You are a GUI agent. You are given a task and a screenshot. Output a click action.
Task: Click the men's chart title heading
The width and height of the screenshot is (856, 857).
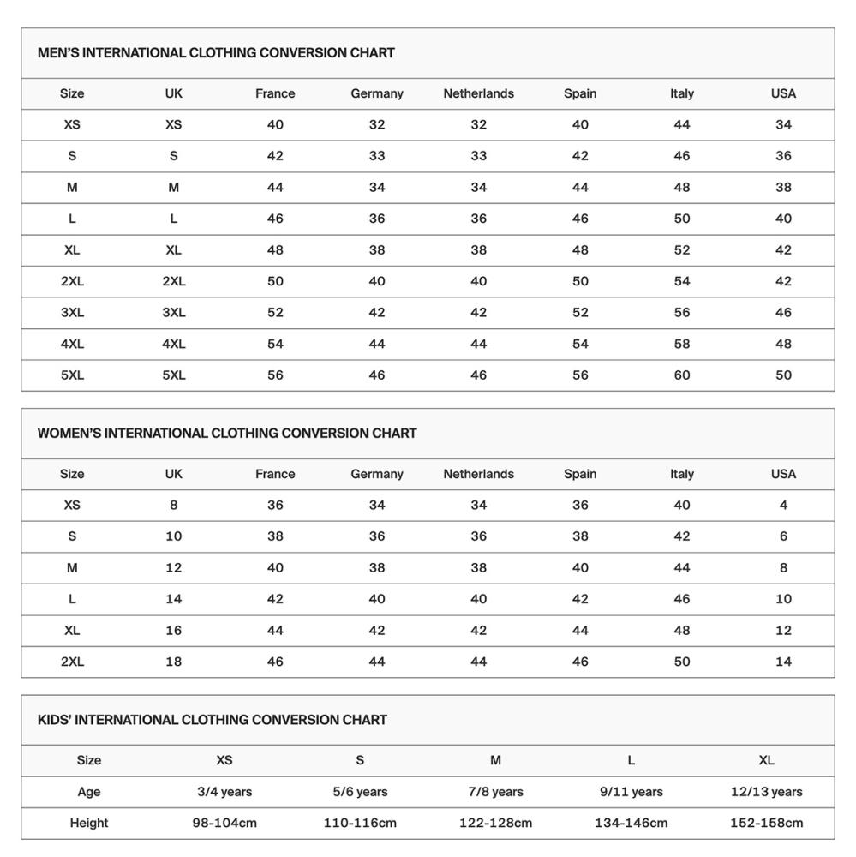pyautogui.click(x=216, y=53)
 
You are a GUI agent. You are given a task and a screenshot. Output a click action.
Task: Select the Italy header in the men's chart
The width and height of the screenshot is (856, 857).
pyautogui.click(x=682, y=93)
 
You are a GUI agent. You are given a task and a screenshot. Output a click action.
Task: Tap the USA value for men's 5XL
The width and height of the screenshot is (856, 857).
pyautogui.click(x=783, y=375)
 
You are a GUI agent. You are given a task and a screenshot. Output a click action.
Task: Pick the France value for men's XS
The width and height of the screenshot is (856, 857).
pyautogui.click(x=275, y=125)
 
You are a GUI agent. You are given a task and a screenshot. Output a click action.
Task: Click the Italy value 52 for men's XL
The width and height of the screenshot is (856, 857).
pyautogui.click(x=682, y=250)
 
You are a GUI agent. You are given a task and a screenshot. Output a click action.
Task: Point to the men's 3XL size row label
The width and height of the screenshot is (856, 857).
pyautogui.click(x=72, y=313)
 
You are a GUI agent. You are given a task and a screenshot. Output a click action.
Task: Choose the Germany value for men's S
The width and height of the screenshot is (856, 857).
pyautogui.click(x=377, y=156)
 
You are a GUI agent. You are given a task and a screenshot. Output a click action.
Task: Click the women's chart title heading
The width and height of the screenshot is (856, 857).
pyautogui.click(x=227, y=434)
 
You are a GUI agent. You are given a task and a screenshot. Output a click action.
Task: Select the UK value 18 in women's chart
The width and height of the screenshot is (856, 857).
pyautogui.click(x=174, y=662)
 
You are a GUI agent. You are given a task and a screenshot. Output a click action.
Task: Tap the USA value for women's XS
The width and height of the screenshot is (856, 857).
pyautogui.click(x=783, y=506)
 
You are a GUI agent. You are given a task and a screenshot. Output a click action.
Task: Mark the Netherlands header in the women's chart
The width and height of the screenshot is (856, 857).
pyautogui.click(x=478, y=474)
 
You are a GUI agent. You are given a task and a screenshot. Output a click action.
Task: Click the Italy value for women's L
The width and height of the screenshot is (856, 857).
pyautogui.click(x=682, y=599)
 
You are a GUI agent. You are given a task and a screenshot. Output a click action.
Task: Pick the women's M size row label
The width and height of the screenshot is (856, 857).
pyautogui.click(x=72, y=568)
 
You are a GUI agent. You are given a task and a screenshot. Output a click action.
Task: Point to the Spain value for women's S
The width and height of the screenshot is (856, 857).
pyautogui.click(x=580, y=536)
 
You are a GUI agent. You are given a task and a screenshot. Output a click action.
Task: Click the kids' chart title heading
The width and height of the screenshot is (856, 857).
pyautogui.click(x=213, y=720)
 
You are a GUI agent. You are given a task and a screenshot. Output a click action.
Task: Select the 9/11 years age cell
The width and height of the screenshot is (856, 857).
pyautogui.click(x=632, y=792)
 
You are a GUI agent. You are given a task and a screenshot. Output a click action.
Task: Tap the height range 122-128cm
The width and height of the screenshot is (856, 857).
pyautogui.click(x=495, y=824)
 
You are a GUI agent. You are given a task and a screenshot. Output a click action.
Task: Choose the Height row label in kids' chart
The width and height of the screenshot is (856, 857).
pyautogui.click(x=89, y=824)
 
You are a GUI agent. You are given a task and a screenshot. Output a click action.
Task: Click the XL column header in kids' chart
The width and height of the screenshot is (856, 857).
pyautogui.click(x=766, y=760)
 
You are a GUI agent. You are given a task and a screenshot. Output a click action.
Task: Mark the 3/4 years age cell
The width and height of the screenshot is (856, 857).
pyautogui.click(x=224, y=792)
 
